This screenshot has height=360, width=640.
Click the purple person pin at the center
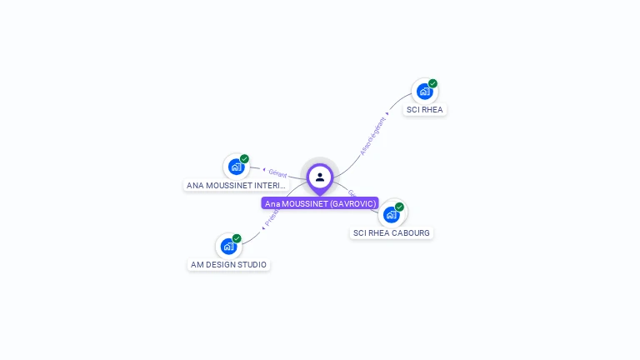click(320, 177)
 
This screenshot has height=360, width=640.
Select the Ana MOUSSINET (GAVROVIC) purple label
click(320, 203)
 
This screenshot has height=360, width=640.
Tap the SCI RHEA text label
click(425, 109)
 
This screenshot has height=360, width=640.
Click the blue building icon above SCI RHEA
click(424, 91)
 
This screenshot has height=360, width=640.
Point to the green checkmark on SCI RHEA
click(433, 83)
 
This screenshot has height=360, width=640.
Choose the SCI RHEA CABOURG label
click(392, 232)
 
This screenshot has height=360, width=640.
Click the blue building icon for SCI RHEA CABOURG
click(391, 214)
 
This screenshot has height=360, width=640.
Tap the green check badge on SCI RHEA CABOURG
click(400, 207)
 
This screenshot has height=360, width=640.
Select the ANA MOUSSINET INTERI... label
click(236, 185)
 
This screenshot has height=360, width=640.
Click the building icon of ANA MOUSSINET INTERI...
click(236, 167)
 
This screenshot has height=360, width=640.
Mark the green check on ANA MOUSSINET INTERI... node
click(244, 158)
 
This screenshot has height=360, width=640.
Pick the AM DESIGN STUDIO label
click(228, 264)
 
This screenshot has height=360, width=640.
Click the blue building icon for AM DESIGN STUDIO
click(228, 247)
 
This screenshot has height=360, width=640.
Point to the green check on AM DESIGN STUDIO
click(237, 238)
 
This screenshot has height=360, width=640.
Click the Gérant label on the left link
click(277, 174)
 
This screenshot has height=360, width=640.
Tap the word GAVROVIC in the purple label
click(353, 203)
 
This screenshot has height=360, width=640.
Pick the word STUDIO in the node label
click(252, 264)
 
